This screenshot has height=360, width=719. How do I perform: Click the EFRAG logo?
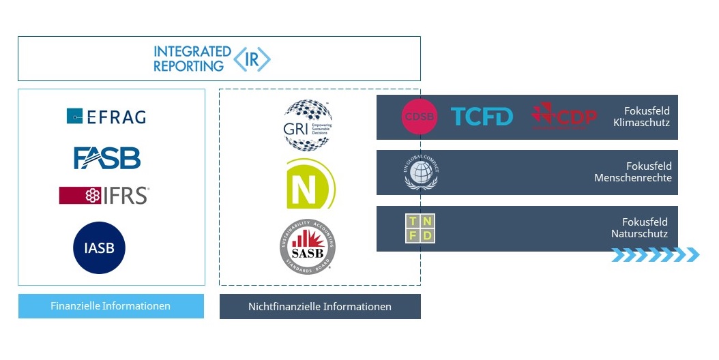106,117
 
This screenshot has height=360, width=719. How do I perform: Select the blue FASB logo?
107,157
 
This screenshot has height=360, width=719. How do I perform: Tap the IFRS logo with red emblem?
104,196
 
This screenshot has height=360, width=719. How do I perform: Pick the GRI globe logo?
308,125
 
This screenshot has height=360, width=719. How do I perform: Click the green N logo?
310,183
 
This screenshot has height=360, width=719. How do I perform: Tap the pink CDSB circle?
419,117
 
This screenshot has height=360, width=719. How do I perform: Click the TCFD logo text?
482,117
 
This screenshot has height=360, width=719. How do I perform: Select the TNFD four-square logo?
420,228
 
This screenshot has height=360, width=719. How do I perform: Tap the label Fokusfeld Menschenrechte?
633,172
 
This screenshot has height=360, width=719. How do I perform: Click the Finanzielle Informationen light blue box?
111,306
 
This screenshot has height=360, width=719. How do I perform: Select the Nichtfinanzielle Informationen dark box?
320,306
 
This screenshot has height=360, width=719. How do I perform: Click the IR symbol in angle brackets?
252,59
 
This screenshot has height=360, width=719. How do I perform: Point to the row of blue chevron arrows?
655,255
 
